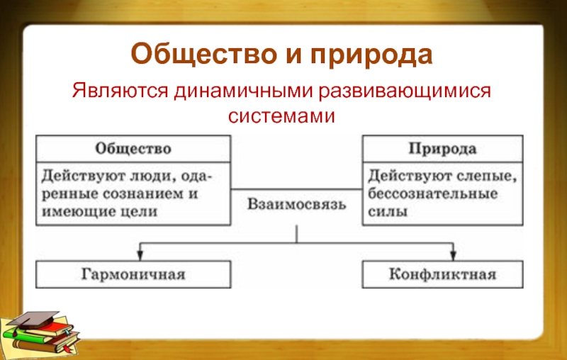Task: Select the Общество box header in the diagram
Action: (133, 150)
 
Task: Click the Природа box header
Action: (442, 150)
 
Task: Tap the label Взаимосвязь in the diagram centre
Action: (297, 206)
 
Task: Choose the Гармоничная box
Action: (133, 274)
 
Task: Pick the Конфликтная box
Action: (442, 274)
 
